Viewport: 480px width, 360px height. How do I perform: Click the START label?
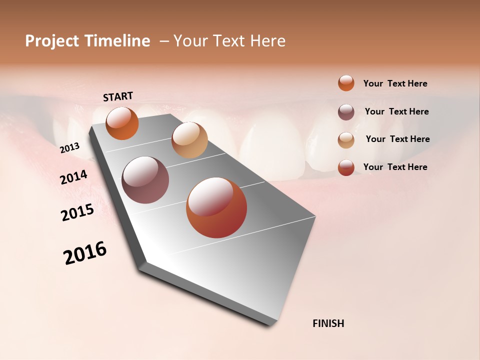click(118, 96)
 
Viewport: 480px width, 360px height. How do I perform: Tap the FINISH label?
click(328, 323)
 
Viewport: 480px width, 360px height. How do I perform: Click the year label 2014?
click(73, 177)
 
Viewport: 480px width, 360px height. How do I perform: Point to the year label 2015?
click(77, 212)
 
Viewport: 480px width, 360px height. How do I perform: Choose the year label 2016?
click(85, 252)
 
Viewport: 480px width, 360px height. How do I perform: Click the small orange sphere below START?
click(122, 123)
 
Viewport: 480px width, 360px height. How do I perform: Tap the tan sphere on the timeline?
click(189, 140)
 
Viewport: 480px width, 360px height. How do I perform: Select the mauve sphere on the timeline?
click(145, 180)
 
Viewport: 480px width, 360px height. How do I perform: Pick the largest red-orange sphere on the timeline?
click(216, 207)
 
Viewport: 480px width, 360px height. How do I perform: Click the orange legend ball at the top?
click(346, 83)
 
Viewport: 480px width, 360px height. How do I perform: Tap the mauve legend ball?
click(346, 112)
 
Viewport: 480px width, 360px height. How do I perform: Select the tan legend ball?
click(346, 140)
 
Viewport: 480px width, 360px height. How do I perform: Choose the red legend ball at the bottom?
click(346, 167)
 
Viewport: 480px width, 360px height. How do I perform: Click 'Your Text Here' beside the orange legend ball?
click(395, 83)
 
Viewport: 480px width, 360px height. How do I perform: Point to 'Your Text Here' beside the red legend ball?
click(395, 167)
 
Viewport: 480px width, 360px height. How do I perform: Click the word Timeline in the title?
click(117, 41)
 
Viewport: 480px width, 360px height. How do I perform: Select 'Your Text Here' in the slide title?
click(229, 41)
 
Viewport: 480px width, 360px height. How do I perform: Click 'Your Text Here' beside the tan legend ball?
click(397, 139)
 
